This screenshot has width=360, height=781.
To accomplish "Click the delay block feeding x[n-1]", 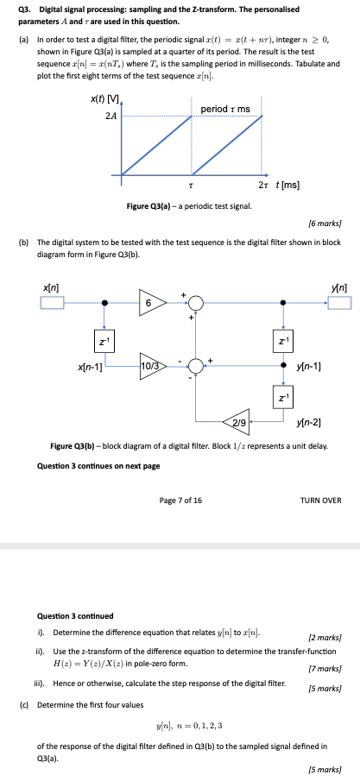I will click(x=104, y=343).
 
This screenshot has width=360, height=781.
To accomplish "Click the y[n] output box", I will click(x=339, y=303).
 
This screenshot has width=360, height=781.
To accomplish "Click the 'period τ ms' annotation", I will click(x=225, y=109).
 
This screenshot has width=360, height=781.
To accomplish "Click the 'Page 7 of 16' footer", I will click(x=180, y=500).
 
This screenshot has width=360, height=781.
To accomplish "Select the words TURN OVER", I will click(x=319, y=500).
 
